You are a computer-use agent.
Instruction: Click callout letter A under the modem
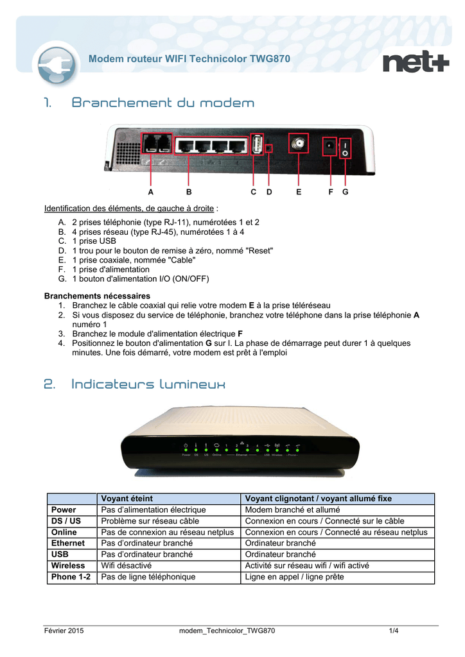pos(150,192)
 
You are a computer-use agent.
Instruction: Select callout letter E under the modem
pos(299,192)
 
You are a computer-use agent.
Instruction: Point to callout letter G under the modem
pos(346,192)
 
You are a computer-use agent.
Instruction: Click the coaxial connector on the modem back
pos(299,146)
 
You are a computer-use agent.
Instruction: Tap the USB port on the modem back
pos(256,146)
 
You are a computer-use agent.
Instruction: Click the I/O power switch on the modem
pos(346,149)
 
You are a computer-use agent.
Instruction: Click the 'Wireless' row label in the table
pos(68,565)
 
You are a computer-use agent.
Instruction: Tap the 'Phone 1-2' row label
pos(71,577)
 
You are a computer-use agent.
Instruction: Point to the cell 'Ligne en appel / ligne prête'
pos(294,577)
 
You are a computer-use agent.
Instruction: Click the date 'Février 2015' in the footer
pos(64,631)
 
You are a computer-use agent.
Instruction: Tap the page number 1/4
pos(394,631)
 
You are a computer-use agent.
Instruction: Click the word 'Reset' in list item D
pos(260,250)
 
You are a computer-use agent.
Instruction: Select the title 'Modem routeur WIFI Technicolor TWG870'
pos(189,59)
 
